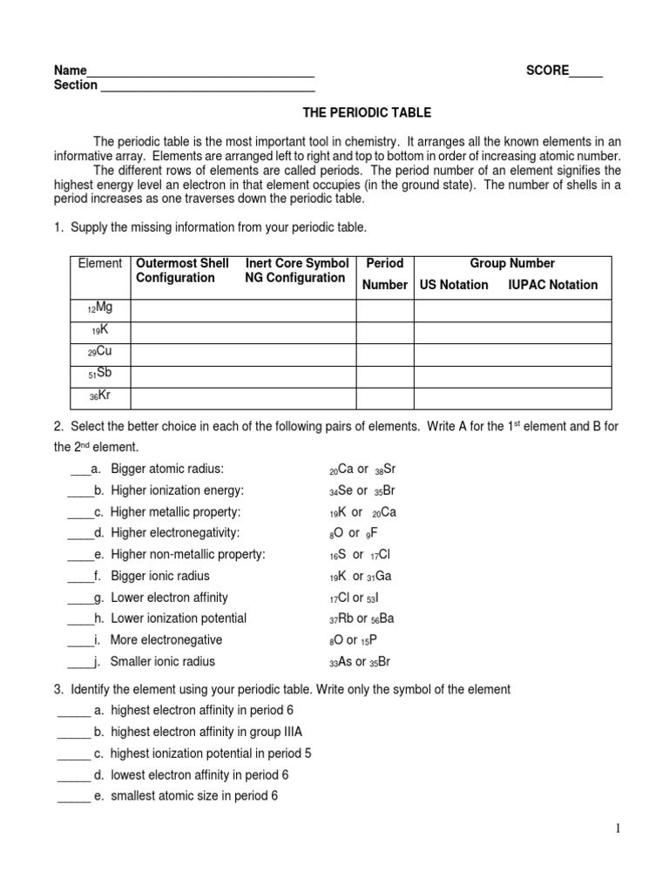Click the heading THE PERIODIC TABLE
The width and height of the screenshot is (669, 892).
pyautogui.click(x=366, y=113)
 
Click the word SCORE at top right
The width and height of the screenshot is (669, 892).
pyautogui.click(x=547, y=71)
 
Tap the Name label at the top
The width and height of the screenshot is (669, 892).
pyautogui.click(x=70, y=71)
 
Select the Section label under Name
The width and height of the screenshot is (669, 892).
pyautogui.click(x=75, y=85)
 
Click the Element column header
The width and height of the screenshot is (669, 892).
pyautogui.click(x=99, y=264)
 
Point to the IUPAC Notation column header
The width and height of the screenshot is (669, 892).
pyautogui.click(x=552, y=285)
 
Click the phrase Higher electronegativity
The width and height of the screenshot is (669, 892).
pyautogui.click(x=174, y=533)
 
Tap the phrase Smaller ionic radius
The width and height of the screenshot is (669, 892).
pyautogui.click(x=162, y=662)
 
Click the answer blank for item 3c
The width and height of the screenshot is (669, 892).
pyautogui.click(x=73, y=754)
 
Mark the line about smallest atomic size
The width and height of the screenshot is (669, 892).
pyautogui.click(x=193, y=796)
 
